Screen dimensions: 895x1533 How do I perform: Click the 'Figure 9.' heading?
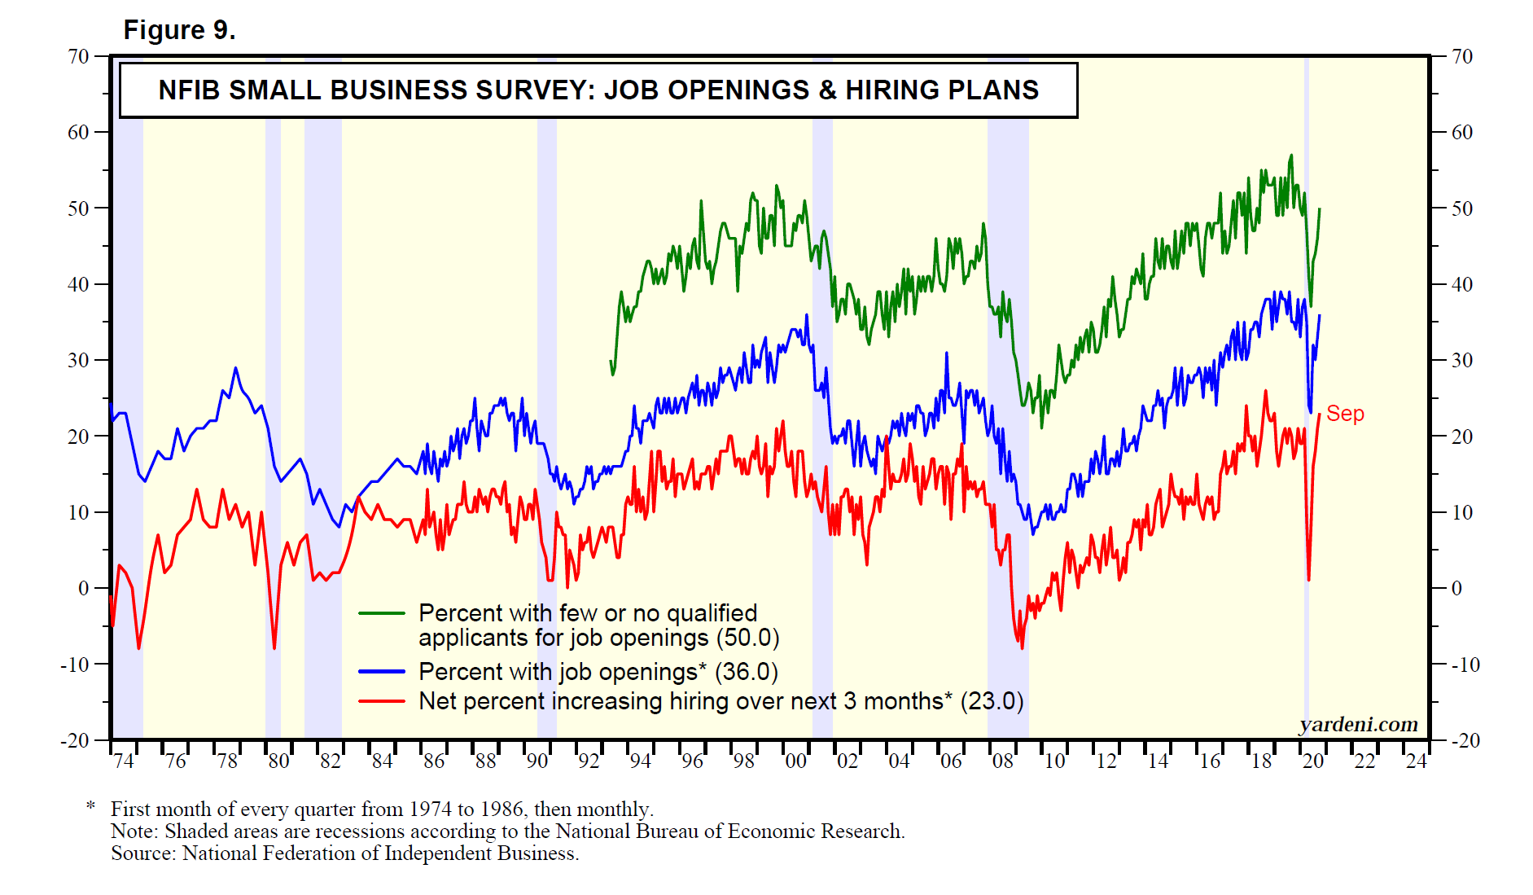pyautogui.click(x=179, y=30)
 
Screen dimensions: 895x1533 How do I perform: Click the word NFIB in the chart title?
pyautogui.click(x=189, y=90)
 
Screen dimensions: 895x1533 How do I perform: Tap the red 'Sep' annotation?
pyautogui.click(x=1345, y=414)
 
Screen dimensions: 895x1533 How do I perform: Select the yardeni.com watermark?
pyautogui.click(x=1358, y=724)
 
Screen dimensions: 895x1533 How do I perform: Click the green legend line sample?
pyautogui.click(x=382, y=613)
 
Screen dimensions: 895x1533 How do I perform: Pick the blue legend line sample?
pyautogui.click(x=382, y=672)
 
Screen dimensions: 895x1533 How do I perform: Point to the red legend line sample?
pyautogui.click(x=382, y=701)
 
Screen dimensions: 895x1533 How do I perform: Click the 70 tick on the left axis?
pyautogui.click(x=78, y=56)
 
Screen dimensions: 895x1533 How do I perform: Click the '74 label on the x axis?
pyautogui.click(x=123, y=761)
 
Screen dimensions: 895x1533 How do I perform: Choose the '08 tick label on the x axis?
pyautogui.click(x=1002, y=761)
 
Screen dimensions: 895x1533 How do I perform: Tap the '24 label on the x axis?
pyautogui.click(x=1416, y=761)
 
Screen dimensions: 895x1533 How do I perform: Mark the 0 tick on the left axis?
pyautogui.click(x=83, y=588)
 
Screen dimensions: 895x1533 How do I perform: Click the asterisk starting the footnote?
pyautogui.click(x=91, y=807)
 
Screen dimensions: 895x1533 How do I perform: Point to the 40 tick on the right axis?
pyautogui.click(x=1462, y=284)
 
